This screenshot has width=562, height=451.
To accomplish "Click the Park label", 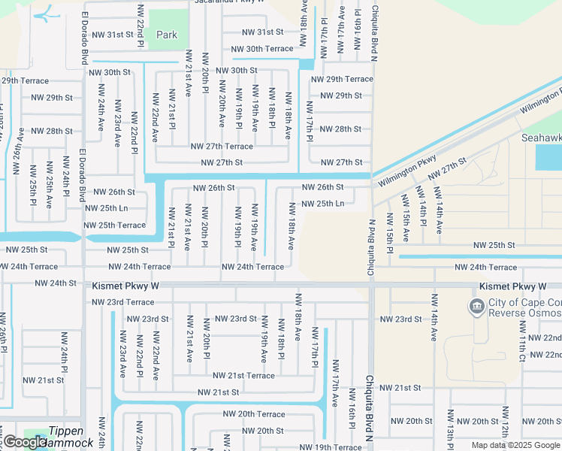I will pos(167,35).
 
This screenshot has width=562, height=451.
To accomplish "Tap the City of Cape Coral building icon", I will pos(476,306).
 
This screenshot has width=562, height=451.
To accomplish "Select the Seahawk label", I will pos(541,138).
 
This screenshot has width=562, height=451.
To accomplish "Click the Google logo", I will pos(25,443).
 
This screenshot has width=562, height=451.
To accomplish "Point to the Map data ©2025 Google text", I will pos(516,445).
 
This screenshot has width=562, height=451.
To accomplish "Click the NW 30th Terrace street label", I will pos(262,49).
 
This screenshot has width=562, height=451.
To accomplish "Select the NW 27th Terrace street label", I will pos(222,147).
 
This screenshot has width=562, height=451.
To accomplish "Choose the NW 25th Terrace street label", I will pos(114,225).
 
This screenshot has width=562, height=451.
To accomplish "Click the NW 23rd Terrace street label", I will pos(122,302).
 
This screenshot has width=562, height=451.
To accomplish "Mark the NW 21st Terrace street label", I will pos(243,376).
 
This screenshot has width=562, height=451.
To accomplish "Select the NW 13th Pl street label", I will pos(451,428).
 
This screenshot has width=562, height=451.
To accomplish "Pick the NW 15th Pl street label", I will pos(390,228).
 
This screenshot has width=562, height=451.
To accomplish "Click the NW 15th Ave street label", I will pos(406,218).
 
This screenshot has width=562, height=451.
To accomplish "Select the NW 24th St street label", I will pos(56,283).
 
